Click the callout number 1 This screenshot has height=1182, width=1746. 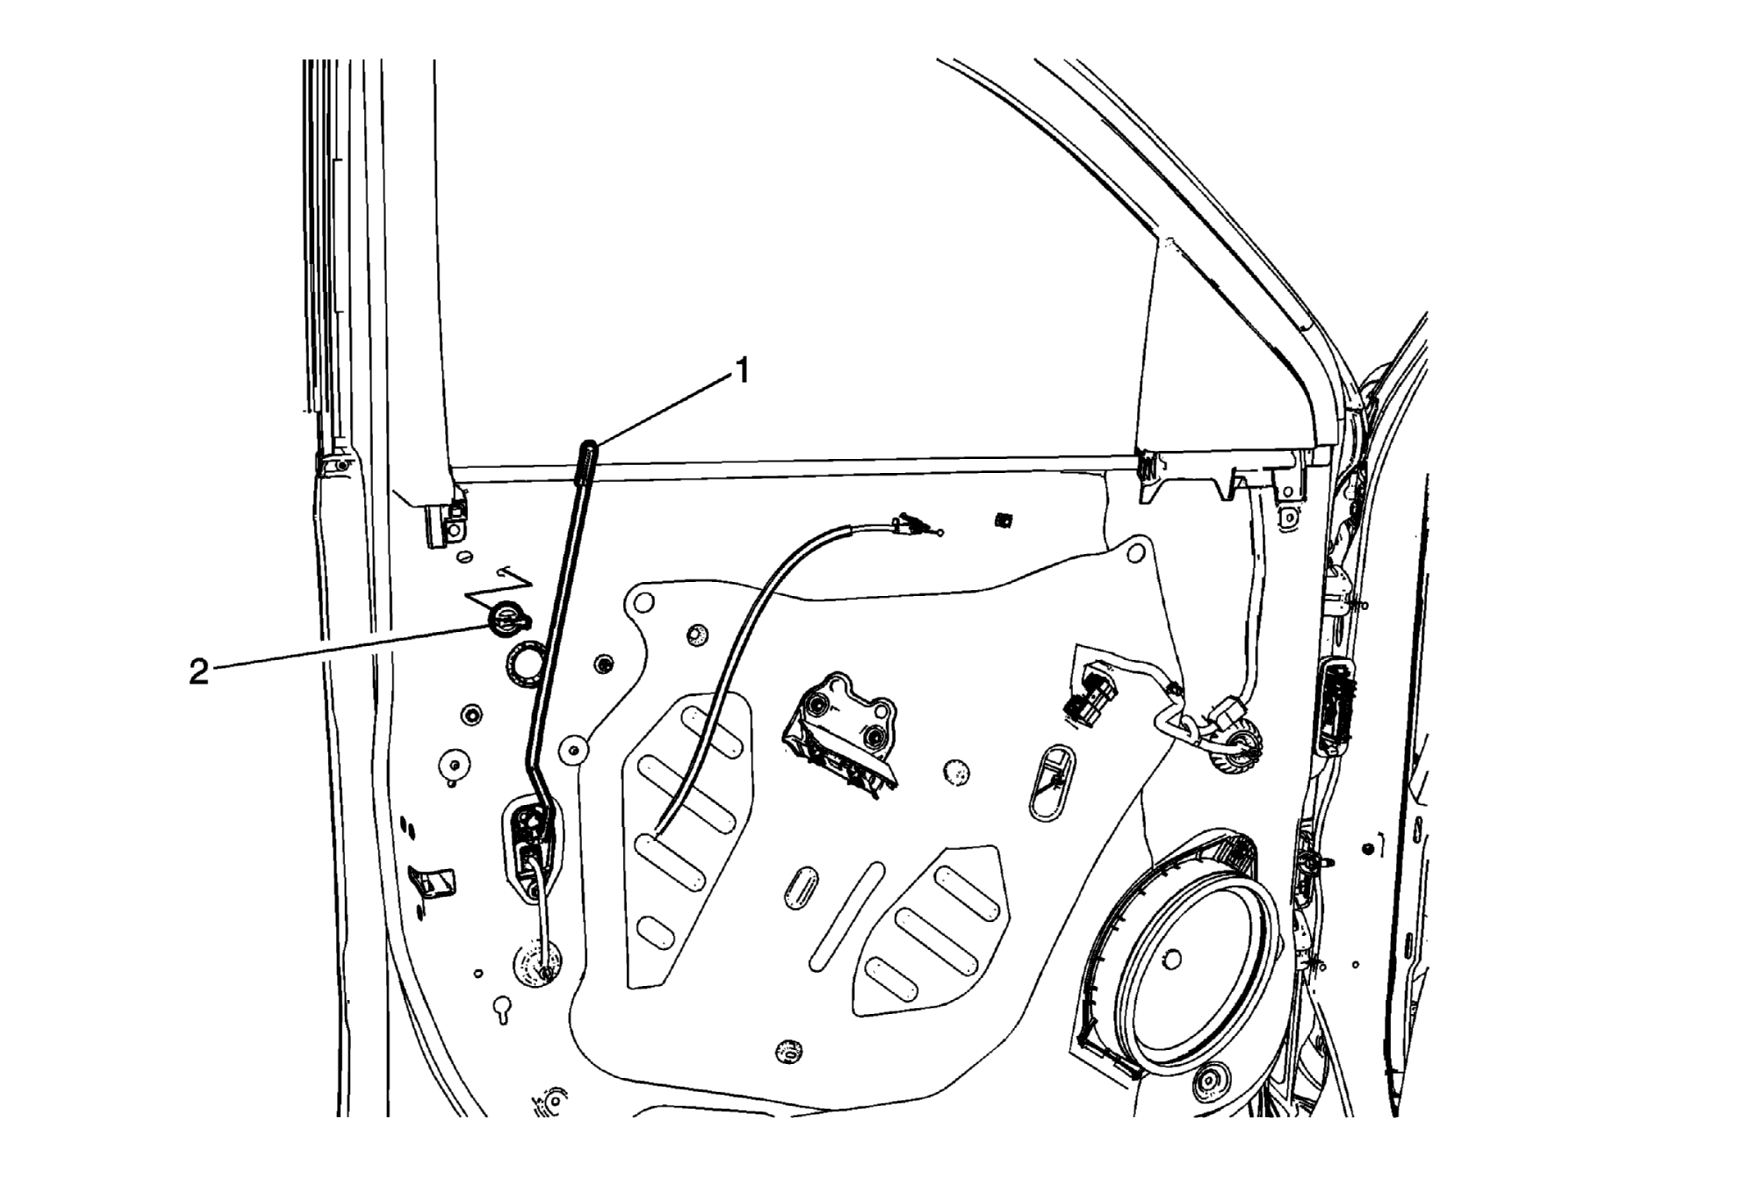pyautogui.click(x=742, y=372)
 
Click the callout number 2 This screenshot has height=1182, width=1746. pyautogui.click(x=198, y=673)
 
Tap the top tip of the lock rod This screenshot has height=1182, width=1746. pyautogui.click(x=589, y=445)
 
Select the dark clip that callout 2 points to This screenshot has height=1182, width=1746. pyautogui.click(x=507, y=618)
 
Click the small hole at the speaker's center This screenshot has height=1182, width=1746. pyautogui.click(x=1172, y=959)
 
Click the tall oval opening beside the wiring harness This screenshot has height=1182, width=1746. pyautogui.click(x=1052, y=783)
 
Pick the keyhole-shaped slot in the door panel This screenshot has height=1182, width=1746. pyautogui.click(x=502, y=1010)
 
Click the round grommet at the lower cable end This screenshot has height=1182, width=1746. pyautogui.click(x=538, y=964)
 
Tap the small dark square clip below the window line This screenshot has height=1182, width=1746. pyautogui.click(x=1001, y=520)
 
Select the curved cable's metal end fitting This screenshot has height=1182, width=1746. pyautogui.click(x=916, y=525)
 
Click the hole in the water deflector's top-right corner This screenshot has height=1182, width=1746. pyautogui.click(x=1135, y=554)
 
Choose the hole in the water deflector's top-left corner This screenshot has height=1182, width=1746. pyautogui.click(x=643, y=603)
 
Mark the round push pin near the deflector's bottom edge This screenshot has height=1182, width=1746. pyautogui.click(x=788, y=1051)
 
